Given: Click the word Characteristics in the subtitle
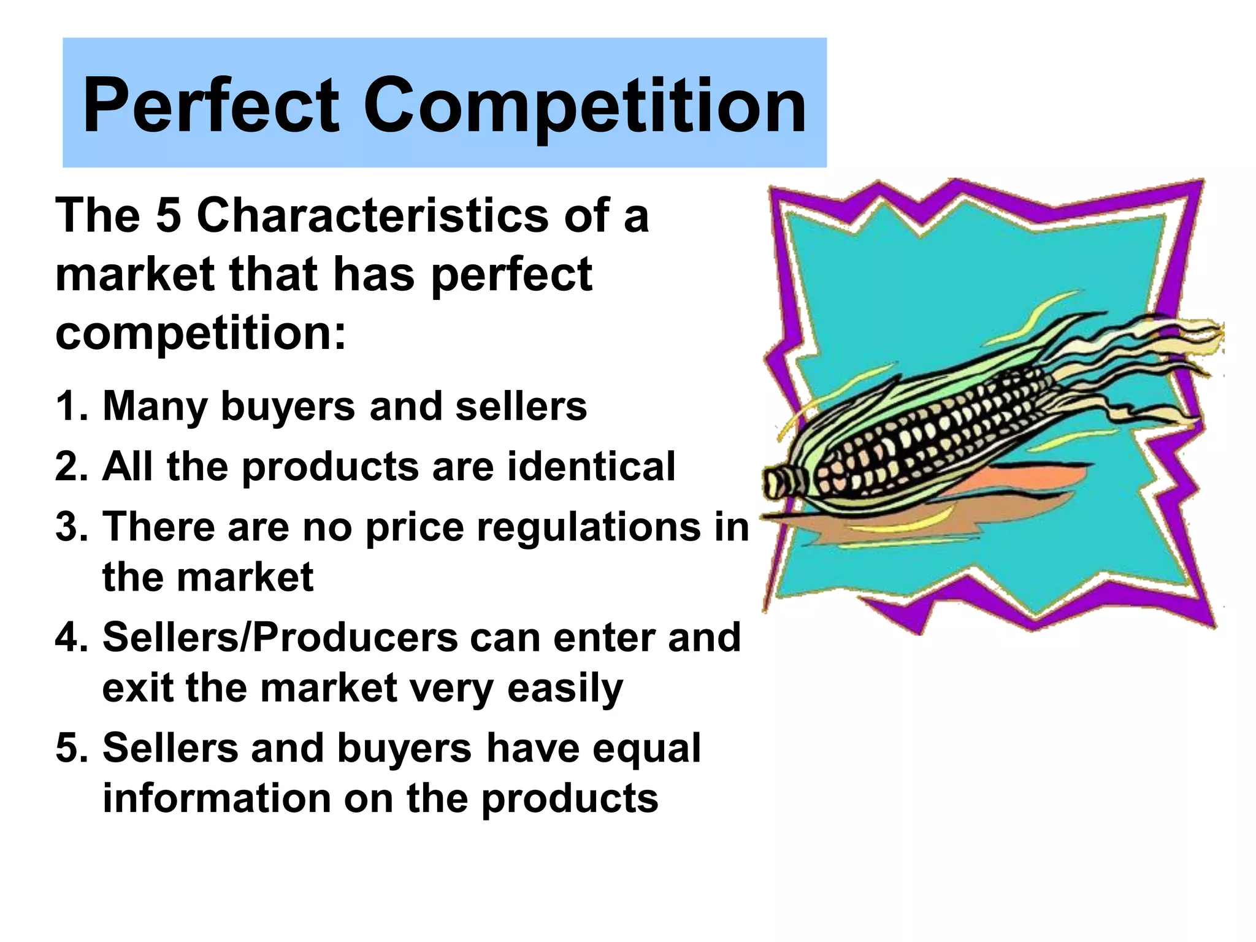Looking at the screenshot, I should [x=373, y=216].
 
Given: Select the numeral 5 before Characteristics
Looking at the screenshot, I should [x=168, y=216].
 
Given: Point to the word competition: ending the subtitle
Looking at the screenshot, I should [x=201, y=334].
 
